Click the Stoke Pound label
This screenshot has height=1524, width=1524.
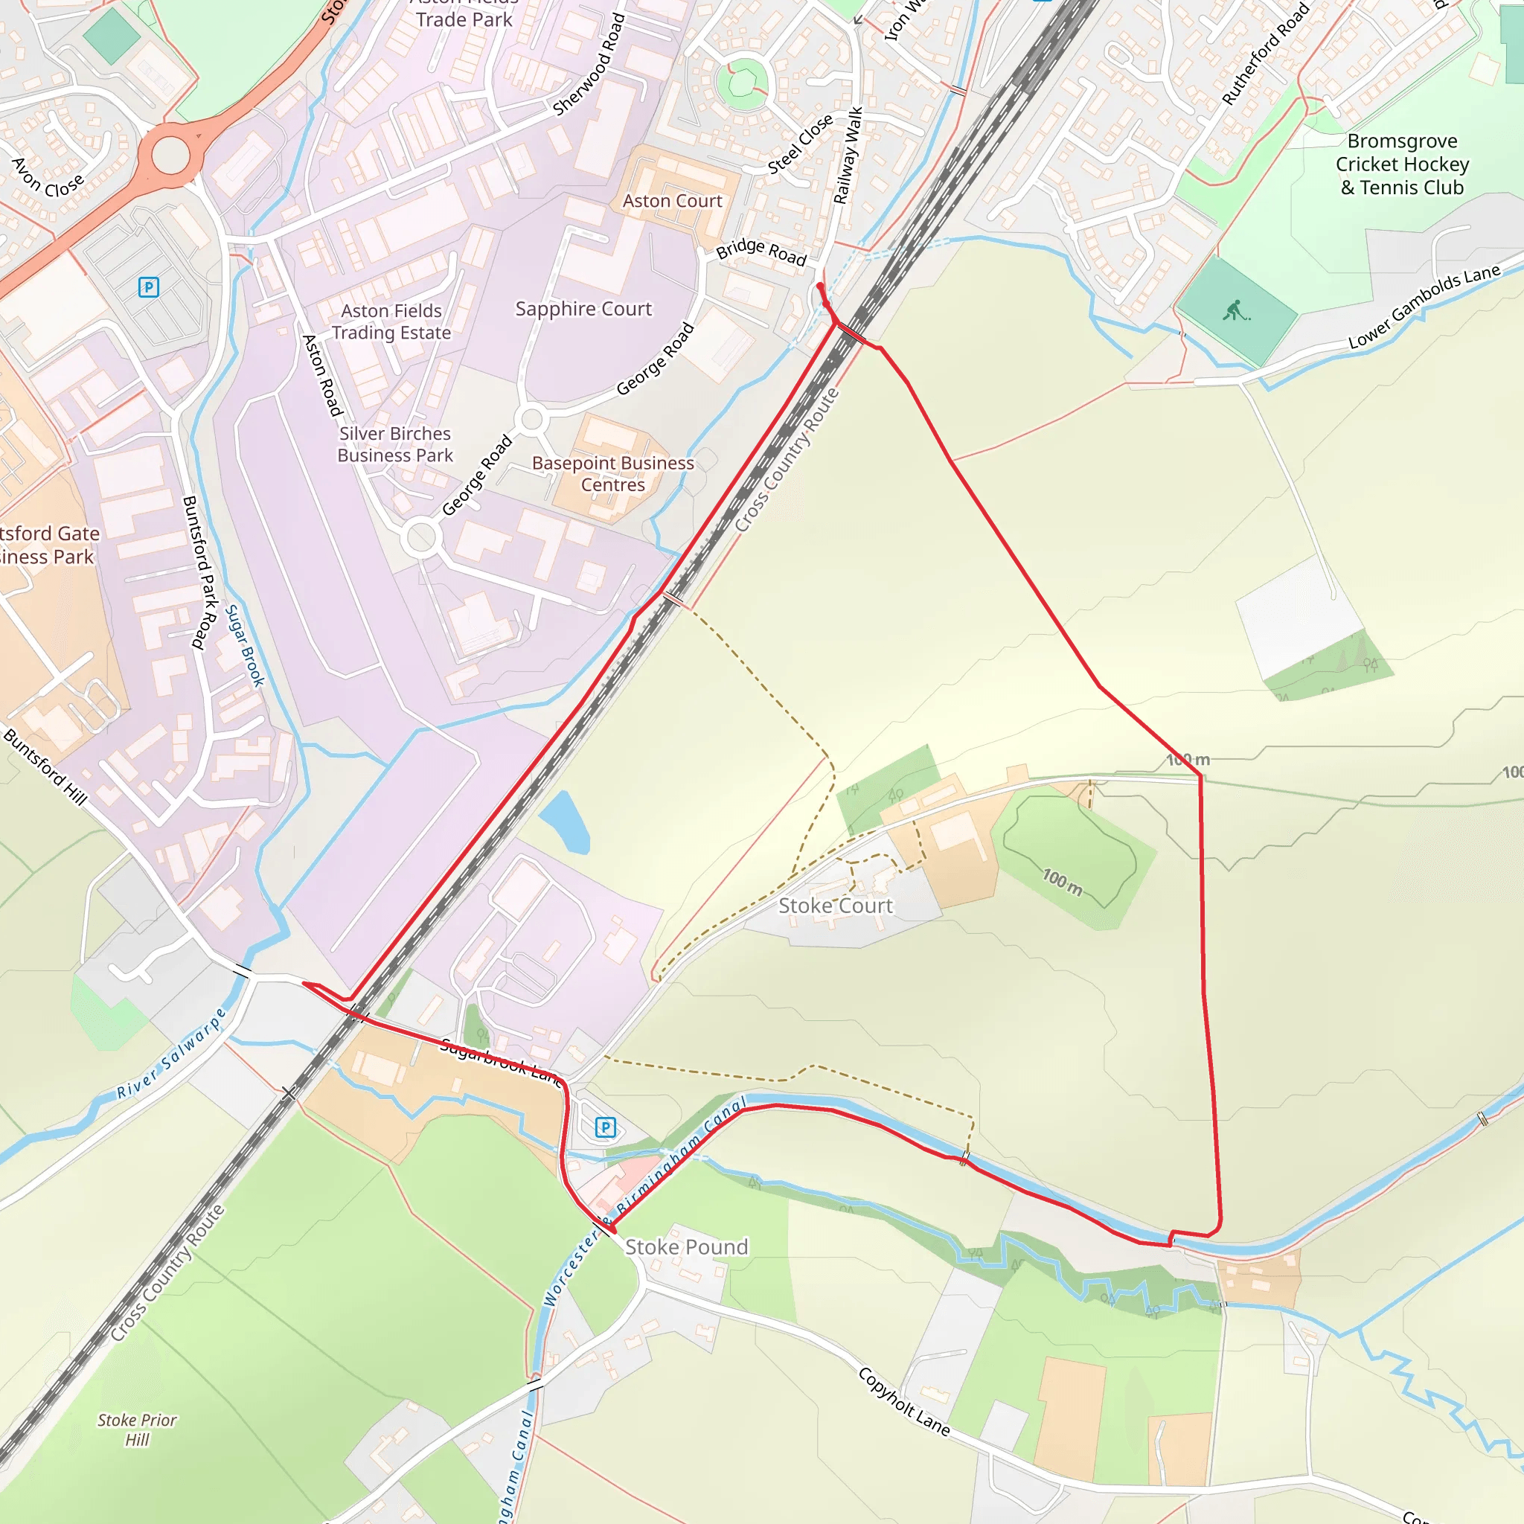pos(686,1247)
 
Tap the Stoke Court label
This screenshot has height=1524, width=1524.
pos(836,906)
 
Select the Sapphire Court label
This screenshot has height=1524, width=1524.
pos(583,310)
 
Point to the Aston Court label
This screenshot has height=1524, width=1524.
pos(672,201)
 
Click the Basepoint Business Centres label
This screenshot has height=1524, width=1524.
pos(613,474)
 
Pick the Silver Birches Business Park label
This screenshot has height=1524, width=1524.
pos(395,444)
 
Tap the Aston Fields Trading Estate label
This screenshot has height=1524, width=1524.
pos(391,321)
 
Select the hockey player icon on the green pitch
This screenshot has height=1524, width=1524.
pos(1236,311)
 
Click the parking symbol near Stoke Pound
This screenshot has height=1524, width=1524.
pos(605,1127)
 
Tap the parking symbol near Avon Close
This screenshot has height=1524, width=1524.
pos(148,287)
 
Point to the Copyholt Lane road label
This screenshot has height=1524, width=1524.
pos(904,1401)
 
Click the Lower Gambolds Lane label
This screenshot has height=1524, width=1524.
pos(1424,307)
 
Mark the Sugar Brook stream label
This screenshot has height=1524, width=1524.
pos(246,645)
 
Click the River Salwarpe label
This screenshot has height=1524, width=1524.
pos(172,1054)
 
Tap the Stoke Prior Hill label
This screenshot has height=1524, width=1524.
pos(137,1429)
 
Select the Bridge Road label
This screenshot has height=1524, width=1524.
pos(761,252)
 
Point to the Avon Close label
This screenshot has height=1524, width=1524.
pos(48,179)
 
